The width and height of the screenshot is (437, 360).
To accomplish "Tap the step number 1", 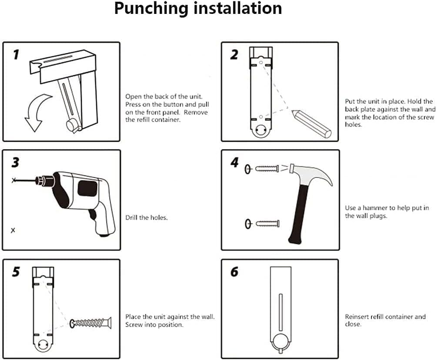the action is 16,55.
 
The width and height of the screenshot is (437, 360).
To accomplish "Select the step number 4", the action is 235,163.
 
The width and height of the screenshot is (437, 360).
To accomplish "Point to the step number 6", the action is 235,272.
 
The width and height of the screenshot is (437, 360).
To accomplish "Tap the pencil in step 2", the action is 312,124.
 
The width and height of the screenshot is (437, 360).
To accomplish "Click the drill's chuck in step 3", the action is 45,180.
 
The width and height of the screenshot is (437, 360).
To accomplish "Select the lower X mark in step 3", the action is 13,230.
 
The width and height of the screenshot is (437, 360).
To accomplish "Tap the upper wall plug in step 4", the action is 267,169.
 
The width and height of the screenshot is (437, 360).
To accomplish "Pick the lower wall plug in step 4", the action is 267,223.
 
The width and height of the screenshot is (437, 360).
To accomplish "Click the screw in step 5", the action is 90,323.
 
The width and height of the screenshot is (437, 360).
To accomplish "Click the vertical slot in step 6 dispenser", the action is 280,312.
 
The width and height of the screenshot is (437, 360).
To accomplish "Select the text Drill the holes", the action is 147,218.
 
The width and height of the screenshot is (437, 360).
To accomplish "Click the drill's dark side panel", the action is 87,188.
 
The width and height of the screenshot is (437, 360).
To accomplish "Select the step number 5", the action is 16,272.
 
